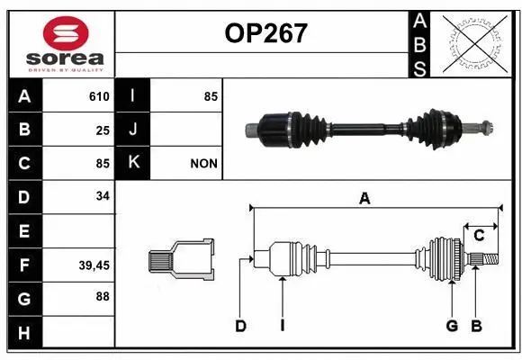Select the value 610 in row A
pos(98,96)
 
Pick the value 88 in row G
pos(102,296)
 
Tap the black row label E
pos(23,231)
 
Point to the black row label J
pos(133,130)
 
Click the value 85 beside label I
pos(211,96)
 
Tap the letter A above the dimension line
pos(364,199)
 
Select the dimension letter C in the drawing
pos(479,236)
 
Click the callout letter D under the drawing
pos(240,326)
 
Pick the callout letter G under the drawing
pos(451,326)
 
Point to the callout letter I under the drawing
pos(282,326)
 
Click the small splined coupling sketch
pos(182,261)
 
